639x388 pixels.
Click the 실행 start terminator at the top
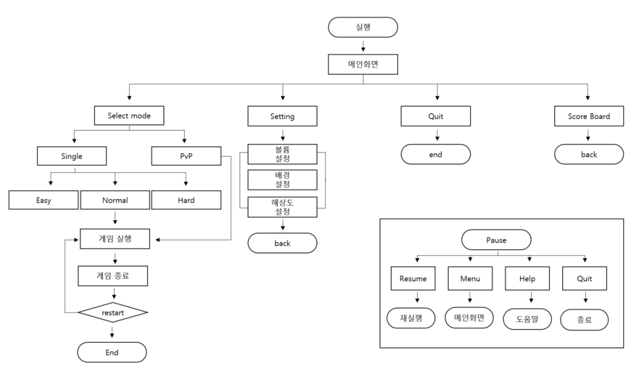click(363, 27)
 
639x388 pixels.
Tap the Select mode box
click(129, 115)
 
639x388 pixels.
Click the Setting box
click(282, 115)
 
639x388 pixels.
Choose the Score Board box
click(588, 115)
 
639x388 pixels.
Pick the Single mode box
click(73, 156)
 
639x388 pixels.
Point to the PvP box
click(185, 156)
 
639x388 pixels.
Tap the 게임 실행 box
click(115, 239)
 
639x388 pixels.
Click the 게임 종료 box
click(113, 276)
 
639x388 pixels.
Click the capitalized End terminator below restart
click(112, 352)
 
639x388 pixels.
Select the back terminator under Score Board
click(588, 154)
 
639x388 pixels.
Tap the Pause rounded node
click(497, 240)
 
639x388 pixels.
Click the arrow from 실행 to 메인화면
click(363, 45)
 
